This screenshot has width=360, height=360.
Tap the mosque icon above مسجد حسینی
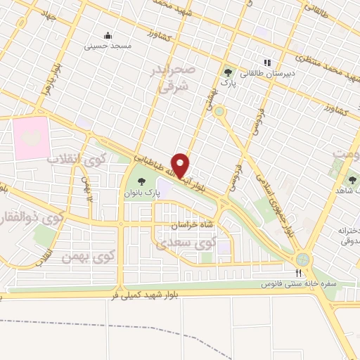point(108,36)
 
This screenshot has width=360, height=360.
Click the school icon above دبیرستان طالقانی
point(266,61)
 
